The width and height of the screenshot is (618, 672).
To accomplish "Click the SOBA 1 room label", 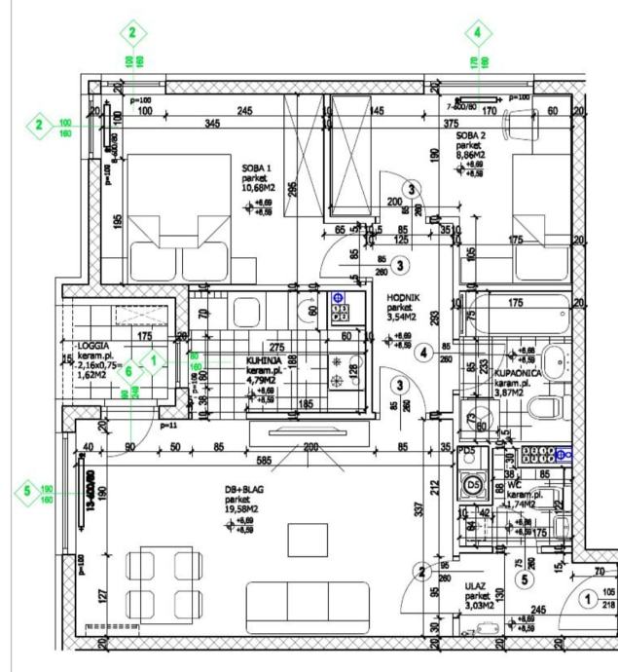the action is click(x=257, y=168).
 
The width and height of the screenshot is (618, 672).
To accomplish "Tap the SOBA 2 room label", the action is click(x=472, y=135).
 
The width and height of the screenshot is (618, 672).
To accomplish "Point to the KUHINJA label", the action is click(x=264, y=359).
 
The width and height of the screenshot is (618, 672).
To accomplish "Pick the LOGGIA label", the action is click(x=97, y=347).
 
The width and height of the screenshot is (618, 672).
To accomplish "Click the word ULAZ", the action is click(x=476, y=586).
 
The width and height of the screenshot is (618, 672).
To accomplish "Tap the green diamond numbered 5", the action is click(x=28, y=492).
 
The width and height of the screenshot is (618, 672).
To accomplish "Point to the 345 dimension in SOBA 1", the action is click(x=211, y=125).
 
